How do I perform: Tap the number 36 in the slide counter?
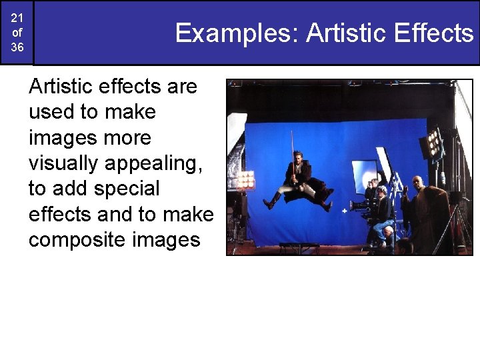17,47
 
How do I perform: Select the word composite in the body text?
75,240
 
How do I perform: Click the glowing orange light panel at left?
246,179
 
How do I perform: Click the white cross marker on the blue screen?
344,212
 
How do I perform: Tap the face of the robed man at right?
417,183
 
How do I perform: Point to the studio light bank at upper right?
434,143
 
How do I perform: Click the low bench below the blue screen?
299,247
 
